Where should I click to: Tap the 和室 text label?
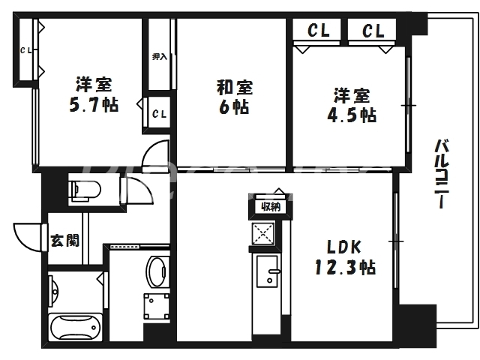[234, 88]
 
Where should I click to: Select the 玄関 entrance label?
[65, 241]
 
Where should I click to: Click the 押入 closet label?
[160, 56]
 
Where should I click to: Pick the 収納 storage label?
[270, 206]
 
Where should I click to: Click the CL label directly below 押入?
[159, 114]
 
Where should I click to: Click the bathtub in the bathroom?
[74, 329]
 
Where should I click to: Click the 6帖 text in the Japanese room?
[234, 106]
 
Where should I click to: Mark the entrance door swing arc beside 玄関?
[28, 236]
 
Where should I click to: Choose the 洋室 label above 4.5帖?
[351, 95]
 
